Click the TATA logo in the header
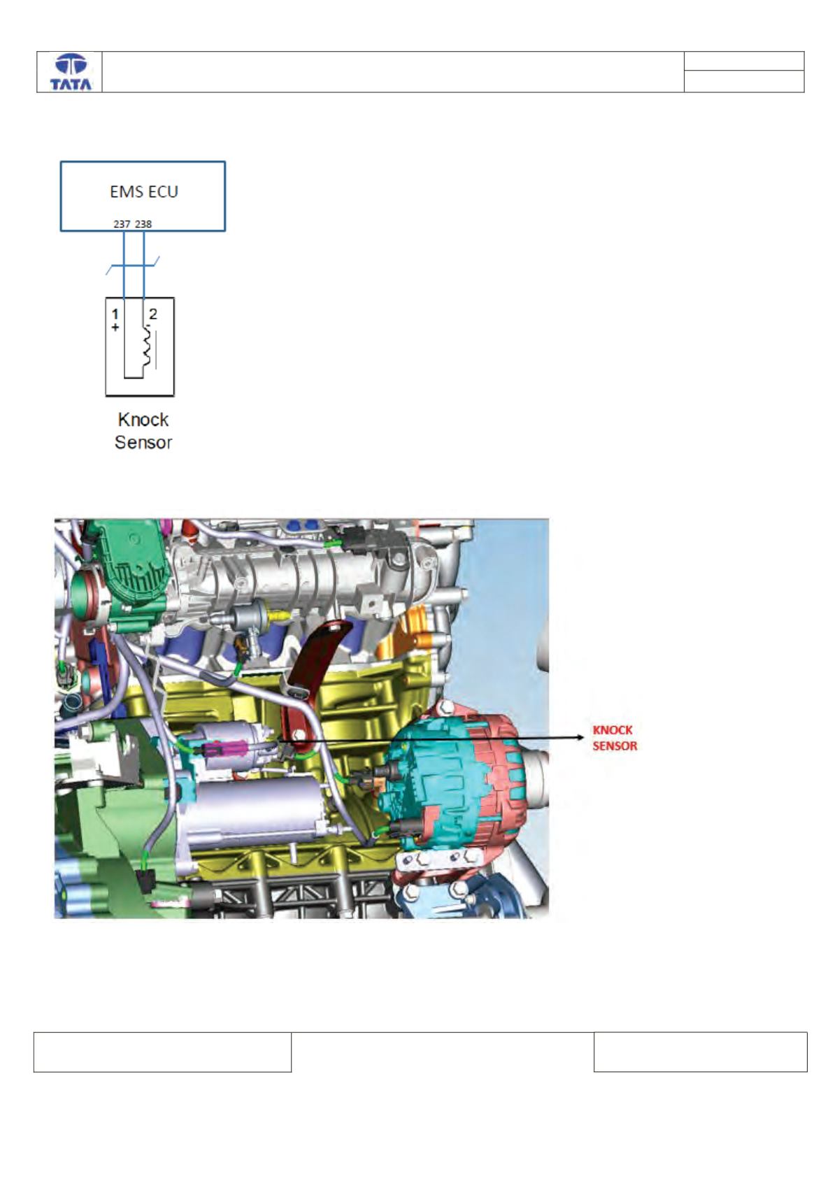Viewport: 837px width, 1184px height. (x=71, y=72)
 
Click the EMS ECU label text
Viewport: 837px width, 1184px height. (x=144, y=192)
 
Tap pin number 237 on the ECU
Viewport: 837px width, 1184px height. (x=122, y=224)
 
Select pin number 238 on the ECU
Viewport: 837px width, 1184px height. (x=143, y=224)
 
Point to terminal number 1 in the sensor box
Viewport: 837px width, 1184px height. (x=115, y=315)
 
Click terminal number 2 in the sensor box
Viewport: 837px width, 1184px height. (x=153, y=314)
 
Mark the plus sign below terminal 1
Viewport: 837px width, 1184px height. (x=115, y=327)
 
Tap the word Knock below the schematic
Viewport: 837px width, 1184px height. (x=143, y=420)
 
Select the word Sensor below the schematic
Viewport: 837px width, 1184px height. (x=143, y=442)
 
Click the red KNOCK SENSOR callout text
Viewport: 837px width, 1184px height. (x=615, y=738)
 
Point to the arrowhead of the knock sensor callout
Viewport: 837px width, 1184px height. (x=582, y=738)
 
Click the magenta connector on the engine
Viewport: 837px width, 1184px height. (x=226, y=749)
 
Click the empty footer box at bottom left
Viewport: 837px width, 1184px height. (x=162, y=1052)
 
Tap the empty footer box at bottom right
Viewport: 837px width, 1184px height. (x=700, y=1052)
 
